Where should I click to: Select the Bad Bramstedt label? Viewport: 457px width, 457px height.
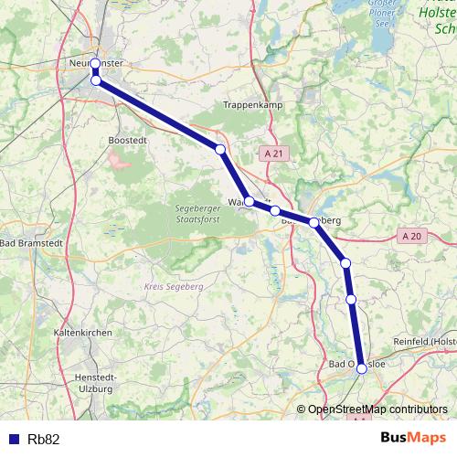point(28,243)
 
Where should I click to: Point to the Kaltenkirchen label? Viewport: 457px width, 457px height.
point(83,333)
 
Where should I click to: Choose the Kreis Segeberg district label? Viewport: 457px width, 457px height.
point(172,286)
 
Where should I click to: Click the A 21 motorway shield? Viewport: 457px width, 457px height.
point(272,155)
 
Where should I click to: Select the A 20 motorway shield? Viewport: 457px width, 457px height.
point(413,236)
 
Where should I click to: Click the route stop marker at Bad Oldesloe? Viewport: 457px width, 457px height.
point(362,368)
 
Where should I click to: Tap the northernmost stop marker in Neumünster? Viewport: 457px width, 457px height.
point(95,64)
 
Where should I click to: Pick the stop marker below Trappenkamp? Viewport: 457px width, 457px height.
point(220,149)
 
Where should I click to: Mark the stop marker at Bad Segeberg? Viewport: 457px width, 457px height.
point(314,222)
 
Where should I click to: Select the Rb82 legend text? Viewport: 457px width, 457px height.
point(44,440)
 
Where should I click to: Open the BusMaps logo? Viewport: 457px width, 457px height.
point(413,439)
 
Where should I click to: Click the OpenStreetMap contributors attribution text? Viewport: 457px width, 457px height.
point(377,409)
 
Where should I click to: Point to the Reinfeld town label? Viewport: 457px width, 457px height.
point(424,341)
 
